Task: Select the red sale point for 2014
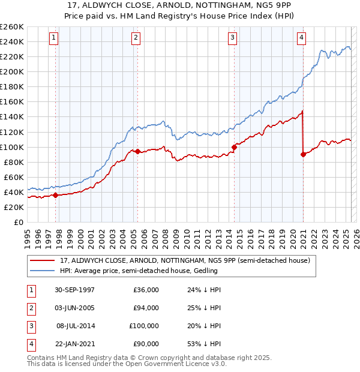click(234, 147)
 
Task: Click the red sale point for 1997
click(56, 195)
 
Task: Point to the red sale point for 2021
click(303, 154)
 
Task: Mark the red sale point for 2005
click(137, 151)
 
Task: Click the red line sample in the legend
click(42, 260)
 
